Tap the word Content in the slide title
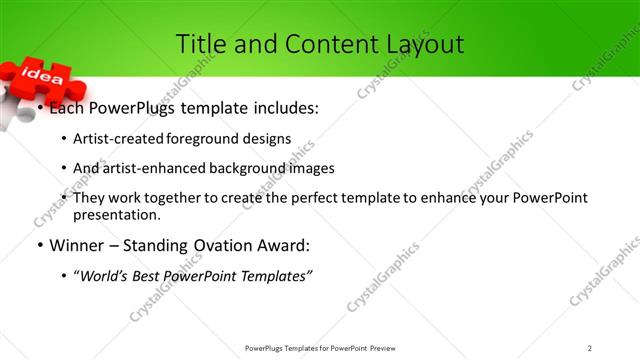coord(324,44)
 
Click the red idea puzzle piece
coord(42,77)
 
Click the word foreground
coord(203,138)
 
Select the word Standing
coord(168,245)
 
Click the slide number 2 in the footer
coord(590,348)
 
